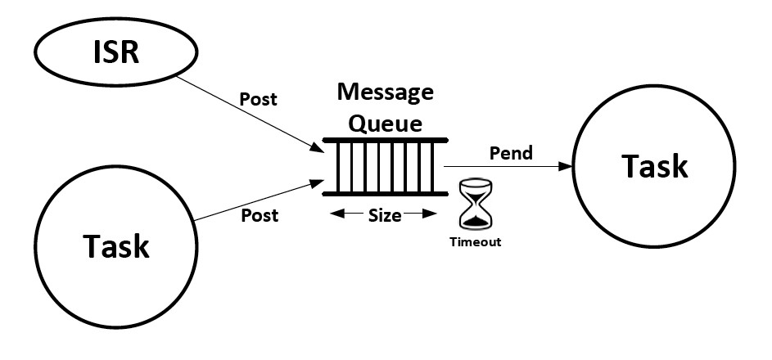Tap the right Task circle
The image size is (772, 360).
[x=654, y=166]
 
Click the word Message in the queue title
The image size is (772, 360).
[x=385, y=92]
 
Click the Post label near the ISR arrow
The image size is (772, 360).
[x=258, y=99]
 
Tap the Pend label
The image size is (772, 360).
[x=510, y=152]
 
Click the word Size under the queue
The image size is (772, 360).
[x=384, y=215]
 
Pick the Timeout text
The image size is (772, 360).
[x=474, y=242]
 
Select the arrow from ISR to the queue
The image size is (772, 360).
[x=246, y=114]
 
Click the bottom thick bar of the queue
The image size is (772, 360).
[x=385, y=194]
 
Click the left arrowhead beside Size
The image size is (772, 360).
[x=333, y=215]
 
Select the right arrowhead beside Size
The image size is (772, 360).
[x=433, y=215]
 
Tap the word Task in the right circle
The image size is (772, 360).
[x=654, y=166]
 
